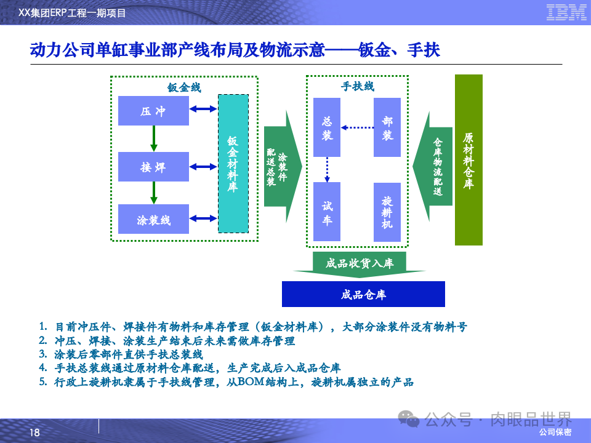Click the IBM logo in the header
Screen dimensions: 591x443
click(566, 12)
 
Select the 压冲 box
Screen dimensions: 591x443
click(153, 111)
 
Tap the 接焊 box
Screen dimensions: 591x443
click(153, 167)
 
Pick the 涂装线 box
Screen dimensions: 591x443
click(153, 220)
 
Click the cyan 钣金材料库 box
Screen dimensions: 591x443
click(233, 164)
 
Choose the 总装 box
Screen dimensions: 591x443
click(327, 127)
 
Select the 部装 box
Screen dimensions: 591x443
click(387, 127)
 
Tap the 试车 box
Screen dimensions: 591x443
click(327, 212)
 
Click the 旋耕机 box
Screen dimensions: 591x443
click(387, 212)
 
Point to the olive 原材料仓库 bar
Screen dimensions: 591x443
click(468, 160)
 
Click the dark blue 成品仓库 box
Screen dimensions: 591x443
click(363, 294)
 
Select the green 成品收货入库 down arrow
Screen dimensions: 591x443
click(360, 264)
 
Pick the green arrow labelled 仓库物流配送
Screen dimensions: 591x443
click(434, 166)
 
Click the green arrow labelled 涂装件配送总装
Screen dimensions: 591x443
click(281, 166)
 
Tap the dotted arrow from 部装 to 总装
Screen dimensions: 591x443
click(358, 128)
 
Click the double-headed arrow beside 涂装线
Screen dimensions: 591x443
click(204, 218)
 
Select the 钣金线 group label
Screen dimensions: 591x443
click(184, 87)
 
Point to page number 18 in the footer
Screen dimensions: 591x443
click(34, 433)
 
